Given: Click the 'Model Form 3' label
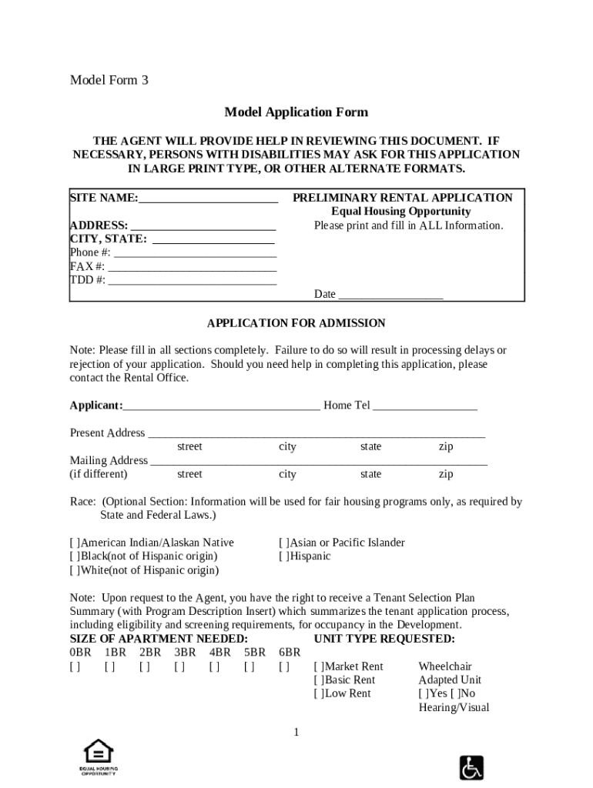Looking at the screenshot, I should click(x=109, y=80).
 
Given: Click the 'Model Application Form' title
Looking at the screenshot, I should click(x=296, y=112).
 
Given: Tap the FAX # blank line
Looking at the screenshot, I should click(x=192, y=267).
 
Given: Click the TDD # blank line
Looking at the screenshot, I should click(x=193, y=281).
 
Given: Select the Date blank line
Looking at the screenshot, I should click(x=390, y=295).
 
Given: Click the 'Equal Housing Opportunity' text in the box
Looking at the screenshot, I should click(x=400, y=212).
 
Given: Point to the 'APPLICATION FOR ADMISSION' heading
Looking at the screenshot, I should click(x=296, y=323).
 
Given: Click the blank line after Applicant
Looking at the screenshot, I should click(x=221, y=406).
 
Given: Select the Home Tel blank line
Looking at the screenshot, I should click(x=425, y=406).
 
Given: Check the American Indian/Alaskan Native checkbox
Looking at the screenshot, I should click(x=75, y=543).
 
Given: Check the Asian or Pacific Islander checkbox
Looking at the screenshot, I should click(x=283, y=543).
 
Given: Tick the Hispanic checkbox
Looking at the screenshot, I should click(x=283, y=556).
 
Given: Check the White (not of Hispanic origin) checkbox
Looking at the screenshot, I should click(x=75, y=570).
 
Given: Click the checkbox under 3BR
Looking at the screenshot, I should click(x=179, y=666).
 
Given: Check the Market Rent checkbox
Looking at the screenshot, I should click(x=319, y=666).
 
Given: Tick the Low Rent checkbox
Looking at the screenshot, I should click(x=319, y=693).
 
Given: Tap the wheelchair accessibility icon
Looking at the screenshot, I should click(x=471, y=767).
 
